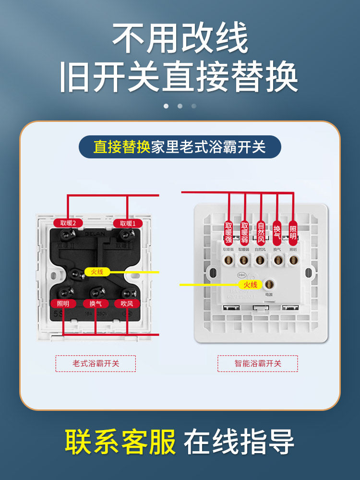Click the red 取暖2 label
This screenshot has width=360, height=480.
tap(68, 223)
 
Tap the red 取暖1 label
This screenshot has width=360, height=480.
tap(128, 223)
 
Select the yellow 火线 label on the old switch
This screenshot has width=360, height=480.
tap(94, 272)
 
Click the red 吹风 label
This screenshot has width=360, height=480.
tap(127, 303)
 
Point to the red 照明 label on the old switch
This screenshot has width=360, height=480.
tap(63, 303)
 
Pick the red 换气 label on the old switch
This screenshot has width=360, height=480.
tap(95, 303)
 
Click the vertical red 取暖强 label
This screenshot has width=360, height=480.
tap(229, 231)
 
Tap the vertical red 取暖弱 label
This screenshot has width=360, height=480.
tap(245, 231)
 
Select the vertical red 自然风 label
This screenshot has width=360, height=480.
tap(261, 231)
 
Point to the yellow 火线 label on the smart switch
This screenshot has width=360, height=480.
tap(247, 285)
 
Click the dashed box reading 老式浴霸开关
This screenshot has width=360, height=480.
tap(96, 363)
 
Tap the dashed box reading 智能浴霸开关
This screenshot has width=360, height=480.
tap(257, 363)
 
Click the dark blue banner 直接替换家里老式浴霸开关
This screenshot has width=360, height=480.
tap(180, 146)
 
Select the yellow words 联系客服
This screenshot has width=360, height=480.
tap(120, 442)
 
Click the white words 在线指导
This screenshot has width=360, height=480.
tap(239, 442)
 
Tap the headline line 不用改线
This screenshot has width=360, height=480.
tap(180, 38)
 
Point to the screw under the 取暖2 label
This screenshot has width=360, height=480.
tap(67, 234)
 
